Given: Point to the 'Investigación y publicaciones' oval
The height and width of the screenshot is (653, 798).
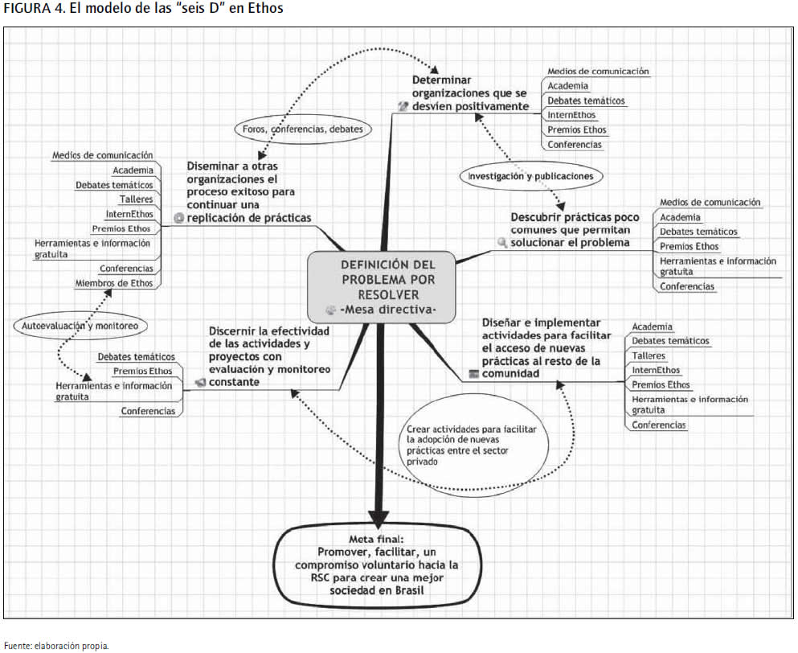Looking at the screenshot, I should (530, 175).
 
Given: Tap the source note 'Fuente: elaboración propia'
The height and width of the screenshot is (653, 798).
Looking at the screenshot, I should (55, 645).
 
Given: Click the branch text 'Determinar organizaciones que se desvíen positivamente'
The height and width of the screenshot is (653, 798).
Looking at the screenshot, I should (470, 93).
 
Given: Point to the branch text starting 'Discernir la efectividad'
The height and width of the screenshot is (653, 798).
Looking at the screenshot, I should (269, 356).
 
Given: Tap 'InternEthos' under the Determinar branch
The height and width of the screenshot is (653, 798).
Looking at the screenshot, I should (571, 116).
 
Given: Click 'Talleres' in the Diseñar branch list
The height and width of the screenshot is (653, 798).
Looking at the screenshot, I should (649, 355).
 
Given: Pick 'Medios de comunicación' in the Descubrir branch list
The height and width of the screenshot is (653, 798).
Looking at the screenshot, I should (710, 203).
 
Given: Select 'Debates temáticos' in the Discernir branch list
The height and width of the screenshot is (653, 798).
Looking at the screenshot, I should (136, 356).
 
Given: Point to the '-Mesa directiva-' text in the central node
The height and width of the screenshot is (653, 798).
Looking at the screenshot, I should (388, 309).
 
